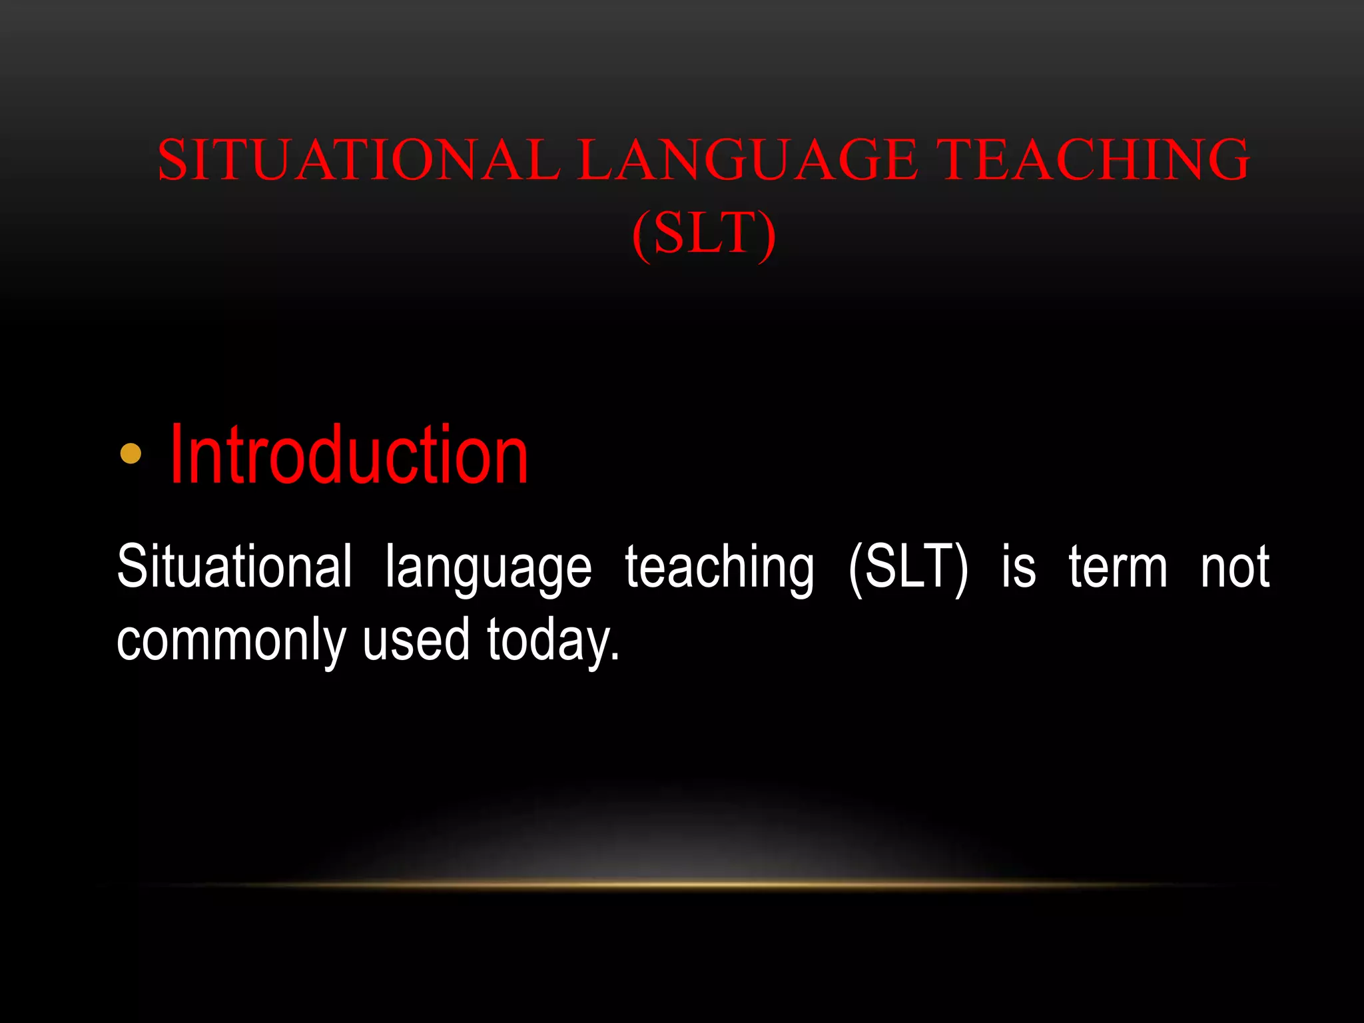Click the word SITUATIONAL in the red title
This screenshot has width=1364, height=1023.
point(358,160)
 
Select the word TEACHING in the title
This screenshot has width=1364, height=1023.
point(1096,160)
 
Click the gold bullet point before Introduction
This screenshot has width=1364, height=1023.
point(131,454)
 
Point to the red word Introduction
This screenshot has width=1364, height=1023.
point(349,456)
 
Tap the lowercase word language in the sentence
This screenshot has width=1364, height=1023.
point(488,569)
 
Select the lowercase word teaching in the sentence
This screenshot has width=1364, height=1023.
point(719,569)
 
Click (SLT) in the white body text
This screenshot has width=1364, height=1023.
point(908,567)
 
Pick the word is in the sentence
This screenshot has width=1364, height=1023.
point(1018,567)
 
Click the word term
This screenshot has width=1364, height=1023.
point(1118,567)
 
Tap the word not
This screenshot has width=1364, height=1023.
point(1235,567)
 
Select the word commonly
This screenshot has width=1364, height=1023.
point(231,641)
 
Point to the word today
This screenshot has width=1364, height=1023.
point(547,641)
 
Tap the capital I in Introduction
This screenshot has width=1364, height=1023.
point(176,456)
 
